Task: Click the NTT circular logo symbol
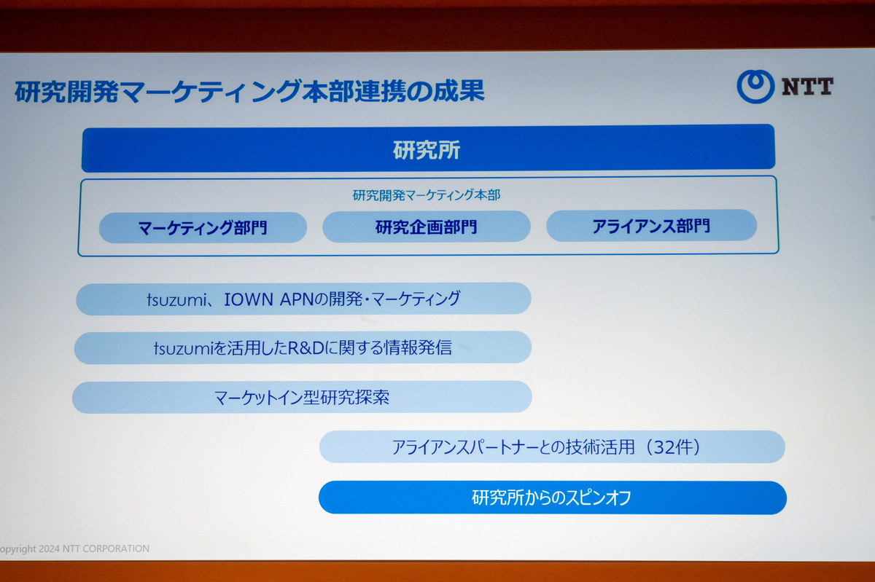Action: [755, 87]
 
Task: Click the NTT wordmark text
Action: [807, 87]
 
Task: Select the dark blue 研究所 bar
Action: [428, 149]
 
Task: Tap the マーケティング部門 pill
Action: [203, 227]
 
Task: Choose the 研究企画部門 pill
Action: [427, 227]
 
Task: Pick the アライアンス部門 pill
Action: [652, 226]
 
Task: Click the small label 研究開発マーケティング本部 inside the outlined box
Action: [427, 194]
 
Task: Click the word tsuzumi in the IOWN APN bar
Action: [176, 300]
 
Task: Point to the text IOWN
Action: [249, 299]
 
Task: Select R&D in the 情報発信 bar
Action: [306, 347]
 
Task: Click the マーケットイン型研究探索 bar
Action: [302, 397]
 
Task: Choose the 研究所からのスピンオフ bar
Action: [553, 498]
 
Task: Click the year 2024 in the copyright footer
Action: [50, 548]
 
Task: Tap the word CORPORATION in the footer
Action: [116, 548]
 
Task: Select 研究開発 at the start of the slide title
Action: [67, 92]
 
